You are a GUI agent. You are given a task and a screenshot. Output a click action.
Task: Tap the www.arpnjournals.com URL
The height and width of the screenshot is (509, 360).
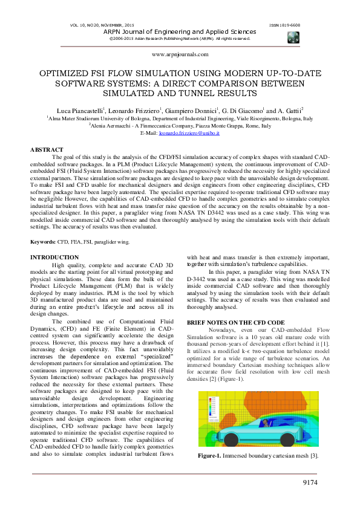(x=180, y=54)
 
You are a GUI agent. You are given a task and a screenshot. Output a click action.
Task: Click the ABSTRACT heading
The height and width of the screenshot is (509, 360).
(x=47, y=149)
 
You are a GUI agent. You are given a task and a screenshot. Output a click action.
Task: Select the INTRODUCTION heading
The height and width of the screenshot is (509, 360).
(x=54, y=258)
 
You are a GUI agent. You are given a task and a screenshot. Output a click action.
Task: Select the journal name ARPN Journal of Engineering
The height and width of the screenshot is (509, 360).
(x=180, y=31)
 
